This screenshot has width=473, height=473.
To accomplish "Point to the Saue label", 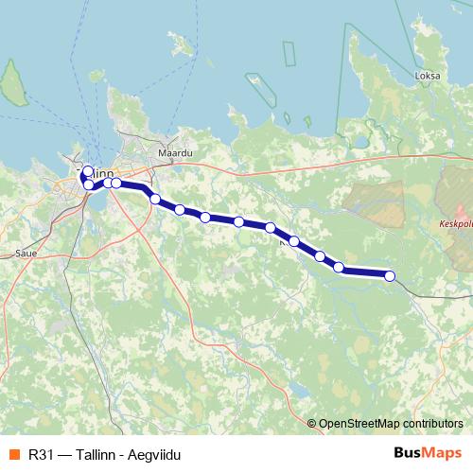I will [26, 254].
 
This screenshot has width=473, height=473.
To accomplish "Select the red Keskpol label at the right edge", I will [456, 225].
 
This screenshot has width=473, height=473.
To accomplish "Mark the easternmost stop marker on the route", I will [390, 276].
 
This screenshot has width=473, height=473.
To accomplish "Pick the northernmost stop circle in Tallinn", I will [88, 171].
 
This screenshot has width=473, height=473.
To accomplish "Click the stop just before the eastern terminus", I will [339, 268].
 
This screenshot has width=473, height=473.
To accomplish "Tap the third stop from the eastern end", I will [320, 255].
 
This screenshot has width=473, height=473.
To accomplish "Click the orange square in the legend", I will [12, 453].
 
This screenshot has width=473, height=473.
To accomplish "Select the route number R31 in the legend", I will [41, 453].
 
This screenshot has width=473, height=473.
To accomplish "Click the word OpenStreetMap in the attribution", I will [359, 423].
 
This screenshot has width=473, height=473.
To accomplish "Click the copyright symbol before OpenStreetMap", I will [313, 423].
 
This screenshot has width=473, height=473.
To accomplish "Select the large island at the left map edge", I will [12, 83].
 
